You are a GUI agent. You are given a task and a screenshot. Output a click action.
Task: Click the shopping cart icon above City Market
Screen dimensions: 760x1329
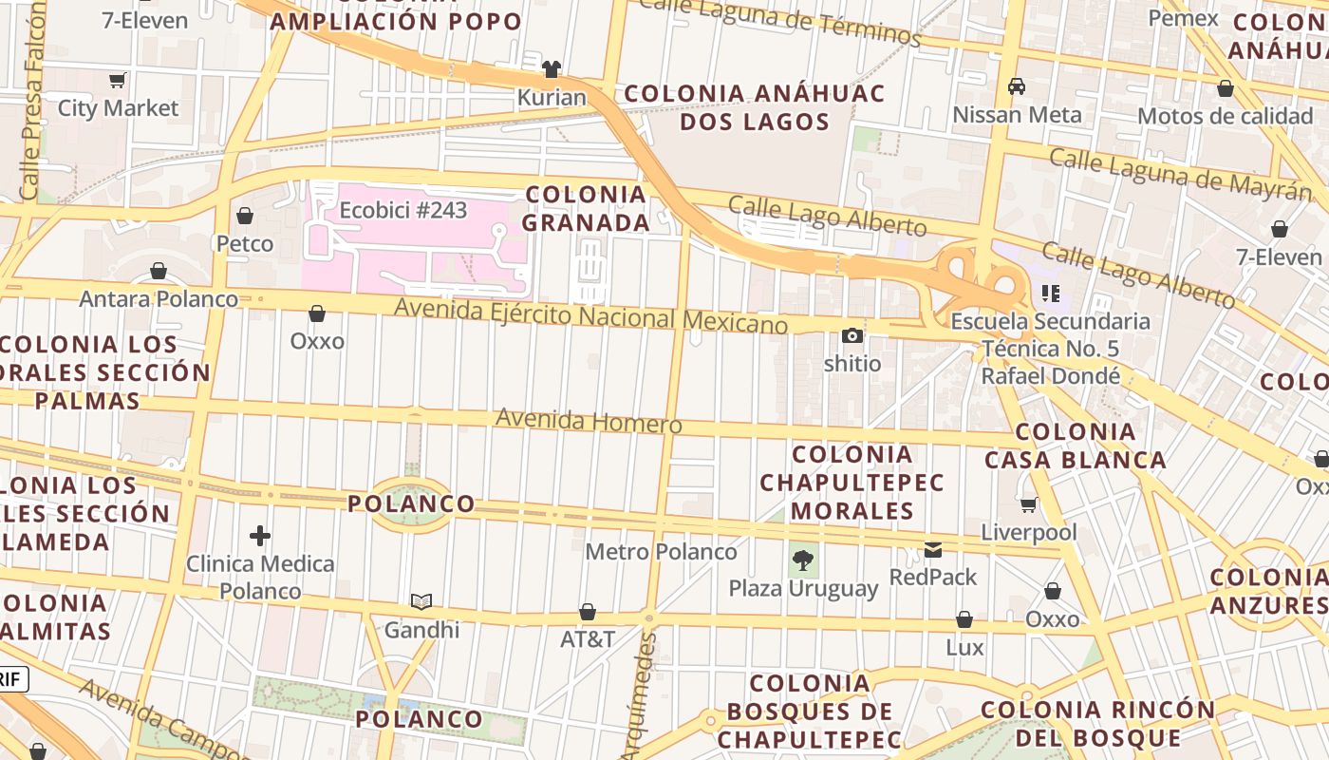[118, 81]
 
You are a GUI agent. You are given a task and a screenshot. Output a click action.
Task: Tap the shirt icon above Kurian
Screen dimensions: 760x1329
[552, 68]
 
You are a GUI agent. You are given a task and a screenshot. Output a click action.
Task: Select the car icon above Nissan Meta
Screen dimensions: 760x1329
[1017, 86]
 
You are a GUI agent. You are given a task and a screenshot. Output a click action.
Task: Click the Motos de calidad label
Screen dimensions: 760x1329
[1225, 116]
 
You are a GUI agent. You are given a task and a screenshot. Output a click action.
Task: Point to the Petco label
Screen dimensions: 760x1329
[245, 244]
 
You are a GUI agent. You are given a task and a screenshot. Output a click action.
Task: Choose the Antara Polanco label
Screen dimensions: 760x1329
[159, 299]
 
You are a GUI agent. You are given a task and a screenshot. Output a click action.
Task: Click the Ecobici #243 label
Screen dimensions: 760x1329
[403, 210]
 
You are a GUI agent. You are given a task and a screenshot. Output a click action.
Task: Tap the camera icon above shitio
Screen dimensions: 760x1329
[852, 335]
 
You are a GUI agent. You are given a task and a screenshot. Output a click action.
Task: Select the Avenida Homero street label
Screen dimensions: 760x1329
[589, 421]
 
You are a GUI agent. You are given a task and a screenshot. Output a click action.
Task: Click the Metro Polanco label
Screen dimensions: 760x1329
[661, 552]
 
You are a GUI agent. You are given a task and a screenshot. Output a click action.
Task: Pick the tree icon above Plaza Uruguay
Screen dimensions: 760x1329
[804, 560]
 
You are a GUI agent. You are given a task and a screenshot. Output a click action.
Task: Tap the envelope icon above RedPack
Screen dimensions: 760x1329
[933, 549]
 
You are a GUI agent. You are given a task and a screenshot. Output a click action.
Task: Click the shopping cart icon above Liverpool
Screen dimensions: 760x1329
[1029, 504]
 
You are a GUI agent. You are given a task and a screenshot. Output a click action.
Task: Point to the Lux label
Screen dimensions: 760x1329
[964, 648]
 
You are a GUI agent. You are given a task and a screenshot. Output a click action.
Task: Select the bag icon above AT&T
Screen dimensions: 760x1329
[588, 612]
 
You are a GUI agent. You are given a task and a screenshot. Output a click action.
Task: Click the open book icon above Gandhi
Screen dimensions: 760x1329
[421, 601]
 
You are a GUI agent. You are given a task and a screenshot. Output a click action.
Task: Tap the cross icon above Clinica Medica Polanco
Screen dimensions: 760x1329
[260, 536]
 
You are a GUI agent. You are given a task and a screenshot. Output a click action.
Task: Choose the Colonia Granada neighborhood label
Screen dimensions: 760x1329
[587, 208]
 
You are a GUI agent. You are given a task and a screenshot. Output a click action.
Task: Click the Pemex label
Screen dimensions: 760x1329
[1183, 18]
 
